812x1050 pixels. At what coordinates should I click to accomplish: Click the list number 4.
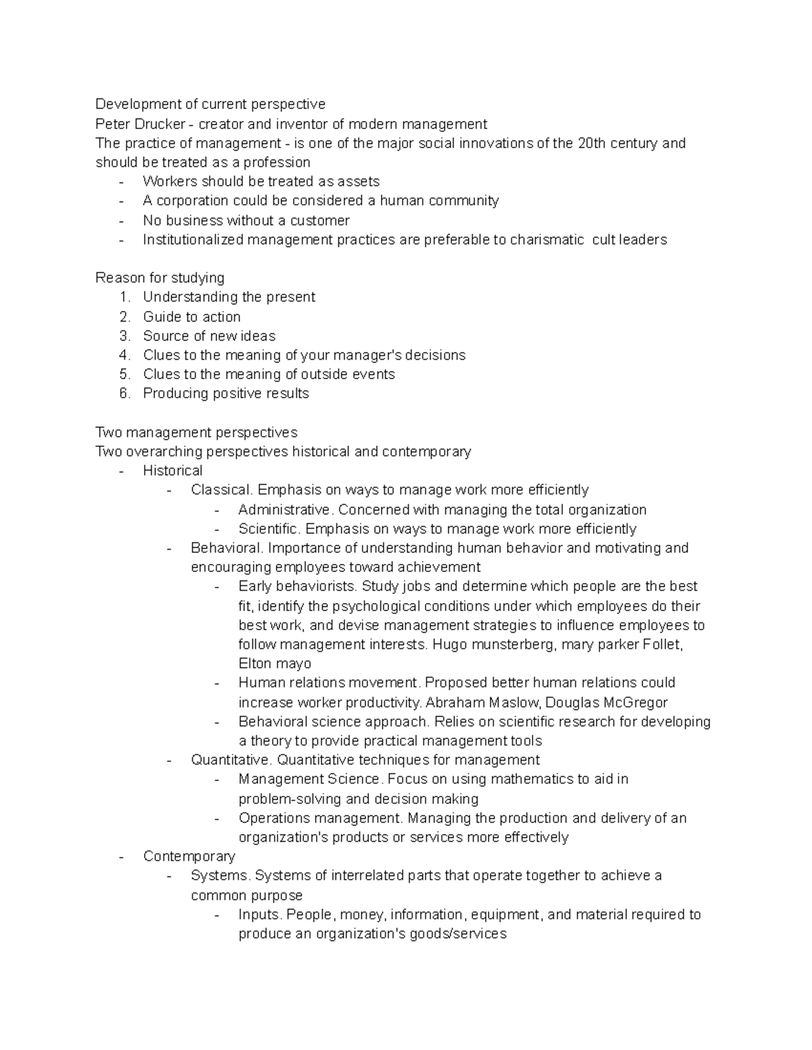pyautogui.click(x=124, y=355)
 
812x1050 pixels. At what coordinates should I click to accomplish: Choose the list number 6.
pyautogui.click(x=124, y=393)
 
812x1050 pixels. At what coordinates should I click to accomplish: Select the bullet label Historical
pyautogui.click(x=173, y=471)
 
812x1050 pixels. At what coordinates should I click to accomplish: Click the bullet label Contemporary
pyautogui.click(x=189, y=856)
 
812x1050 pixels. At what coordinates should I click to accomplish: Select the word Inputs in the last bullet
pyautogui.click(x=260, y=914)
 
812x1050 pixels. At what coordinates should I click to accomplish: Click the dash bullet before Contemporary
pyautogui.click(x=121, y=857)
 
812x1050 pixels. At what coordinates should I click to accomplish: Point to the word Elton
pyautogui.click(x=255, y=663)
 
